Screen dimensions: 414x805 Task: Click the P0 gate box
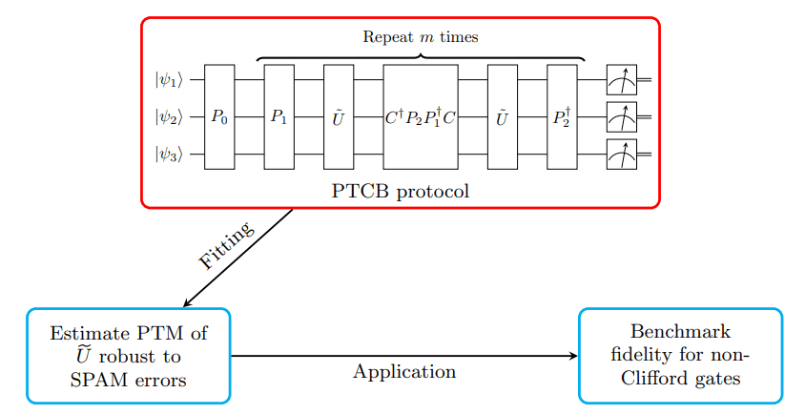(219, 117)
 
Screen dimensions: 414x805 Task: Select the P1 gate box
(279, 117)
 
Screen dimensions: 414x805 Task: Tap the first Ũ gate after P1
(339, 117)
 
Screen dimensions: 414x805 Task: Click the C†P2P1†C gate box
(421, 117)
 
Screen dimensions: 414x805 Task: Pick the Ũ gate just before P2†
(502, 117)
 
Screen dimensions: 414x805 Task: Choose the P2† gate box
(562, 117)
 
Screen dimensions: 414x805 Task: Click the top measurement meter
(621, 80)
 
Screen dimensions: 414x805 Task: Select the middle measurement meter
(621, 117)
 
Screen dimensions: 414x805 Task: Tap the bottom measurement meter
(621, 154)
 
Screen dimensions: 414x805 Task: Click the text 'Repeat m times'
(421, 37)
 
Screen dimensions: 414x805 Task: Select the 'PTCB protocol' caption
(401, 190)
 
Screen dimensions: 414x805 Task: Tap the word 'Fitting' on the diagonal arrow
(227, 246)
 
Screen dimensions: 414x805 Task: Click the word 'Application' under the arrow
(404, 372)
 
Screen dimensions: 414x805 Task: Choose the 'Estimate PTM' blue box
(129, 356)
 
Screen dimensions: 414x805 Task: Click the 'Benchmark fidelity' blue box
(680, 356)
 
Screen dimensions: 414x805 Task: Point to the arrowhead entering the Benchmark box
(573, 356)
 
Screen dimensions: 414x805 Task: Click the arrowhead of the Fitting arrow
(188, 302)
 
